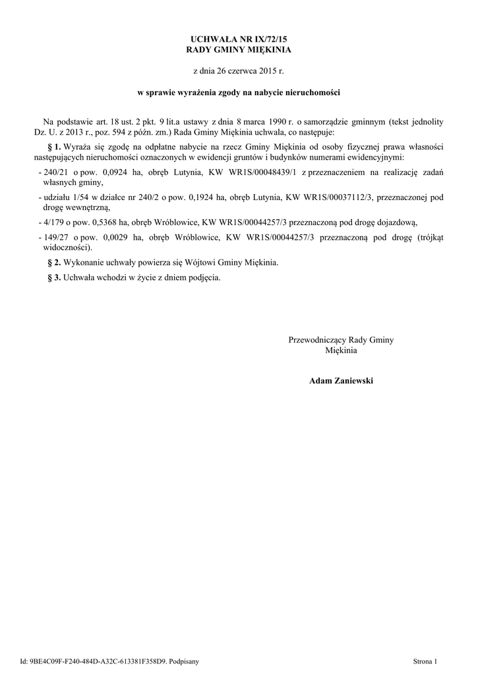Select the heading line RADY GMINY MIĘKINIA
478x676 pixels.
[x=239, y=50]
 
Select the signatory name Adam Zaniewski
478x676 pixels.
[x=341, y=381]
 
